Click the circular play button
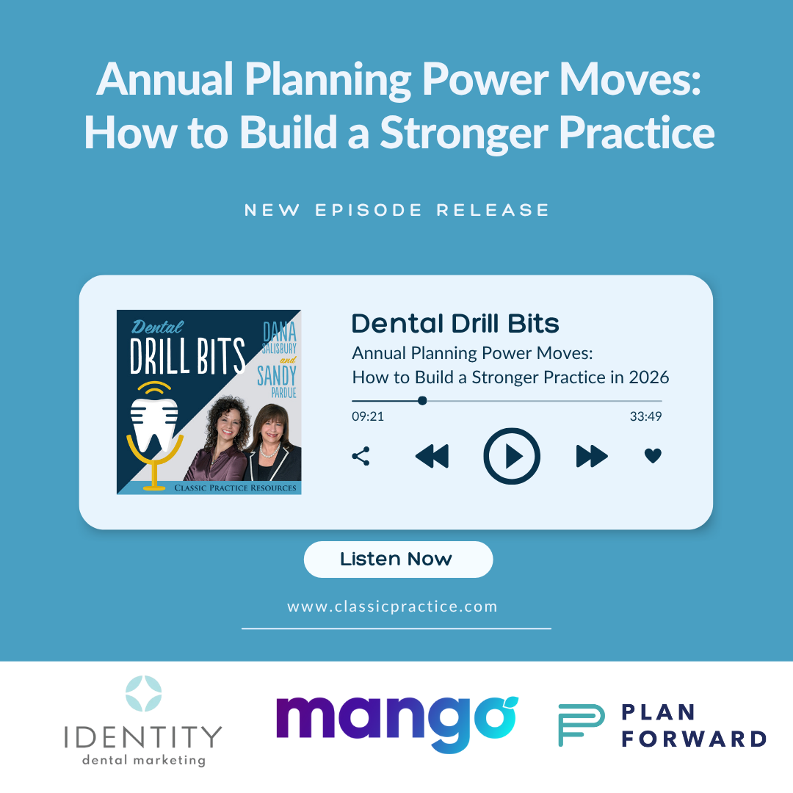pos(512,456)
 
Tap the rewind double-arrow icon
pos(432,456)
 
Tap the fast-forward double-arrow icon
pos(592,456)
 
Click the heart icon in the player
pos(653,456)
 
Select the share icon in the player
pos(361,456)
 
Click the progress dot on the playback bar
pos(422,401)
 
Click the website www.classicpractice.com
pos(392,607)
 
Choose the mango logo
pos(396,724)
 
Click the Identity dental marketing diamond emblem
pos(143,694)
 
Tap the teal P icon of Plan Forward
pos(581,725)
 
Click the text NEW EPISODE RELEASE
pos(396,210)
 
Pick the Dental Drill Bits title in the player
pos(455,324)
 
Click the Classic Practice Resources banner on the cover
pos(235,488)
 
